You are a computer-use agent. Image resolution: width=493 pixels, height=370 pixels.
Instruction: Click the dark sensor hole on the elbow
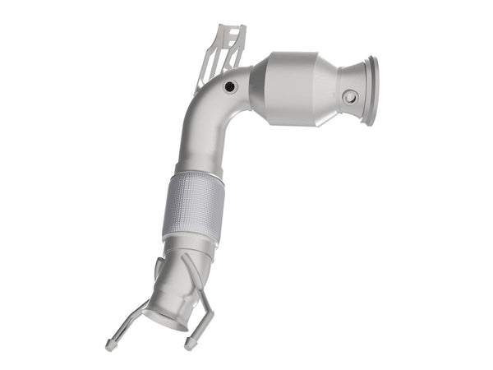tap(229, 86)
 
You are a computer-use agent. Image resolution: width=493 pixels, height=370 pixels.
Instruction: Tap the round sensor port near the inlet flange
tap(349, 96)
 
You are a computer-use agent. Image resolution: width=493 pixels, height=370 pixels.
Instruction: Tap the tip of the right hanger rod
tap(190, 343)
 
